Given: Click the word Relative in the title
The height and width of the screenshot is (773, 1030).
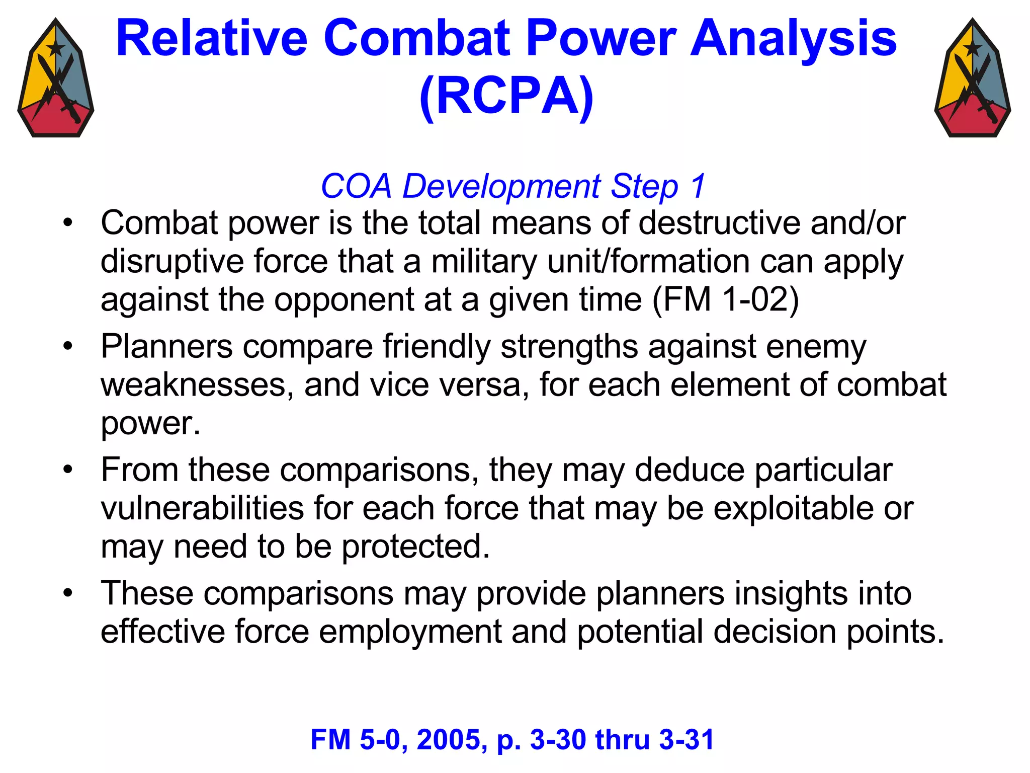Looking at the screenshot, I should coord(211,39).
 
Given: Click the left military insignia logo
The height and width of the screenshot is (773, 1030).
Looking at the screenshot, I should coord(56,79).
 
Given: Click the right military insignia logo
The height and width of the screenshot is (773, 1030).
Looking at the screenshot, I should coord(973,79).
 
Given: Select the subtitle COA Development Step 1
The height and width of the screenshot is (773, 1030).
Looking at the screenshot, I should coord(513,186).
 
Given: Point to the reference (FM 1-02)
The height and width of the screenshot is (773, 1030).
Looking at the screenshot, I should coord(725,299).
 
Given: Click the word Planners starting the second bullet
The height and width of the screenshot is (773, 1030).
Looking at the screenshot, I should coord(166,347).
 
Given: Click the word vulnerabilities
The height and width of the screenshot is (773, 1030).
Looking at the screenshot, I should coord(202,508).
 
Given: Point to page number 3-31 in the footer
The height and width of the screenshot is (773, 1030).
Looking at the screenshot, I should coord(686,740).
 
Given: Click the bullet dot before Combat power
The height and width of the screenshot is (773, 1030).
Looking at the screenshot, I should coord(68,222).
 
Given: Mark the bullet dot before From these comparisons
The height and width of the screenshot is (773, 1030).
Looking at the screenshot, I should coord(68,470).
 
